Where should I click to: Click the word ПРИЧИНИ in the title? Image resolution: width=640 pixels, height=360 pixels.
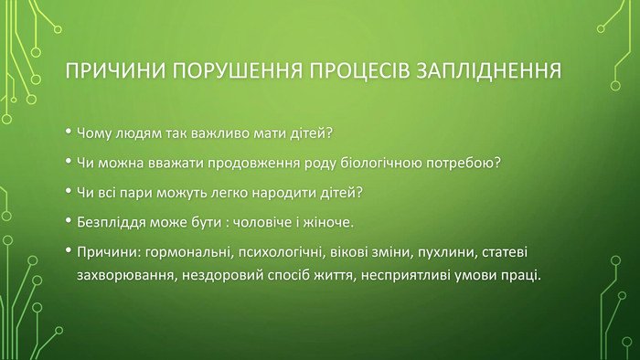pos(115,70)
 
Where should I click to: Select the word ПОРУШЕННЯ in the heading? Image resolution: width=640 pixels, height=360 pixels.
pos(237,70)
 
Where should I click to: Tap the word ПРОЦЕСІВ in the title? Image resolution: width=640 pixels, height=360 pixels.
pos(359,70)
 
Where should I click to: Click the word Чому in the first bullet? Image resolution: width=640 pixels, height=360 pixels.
pos(94,133)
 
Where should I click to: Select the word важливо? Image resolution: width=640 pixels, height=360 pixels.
pos(219,133)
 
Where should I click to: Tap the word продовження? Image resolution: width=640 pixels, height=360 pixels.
pos(254,163)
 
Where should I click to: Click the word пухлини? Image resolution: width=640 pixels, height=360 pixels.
pos(447,253)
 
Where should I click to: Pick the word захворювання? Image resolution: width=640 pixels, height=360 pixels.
pos(127,276)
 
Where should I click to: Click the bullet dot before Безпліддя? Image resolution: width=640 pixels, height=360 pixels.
pos(69,220)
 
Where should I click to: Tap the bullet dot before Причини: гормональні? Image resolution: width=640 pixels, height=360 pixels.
pos(69,250)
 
